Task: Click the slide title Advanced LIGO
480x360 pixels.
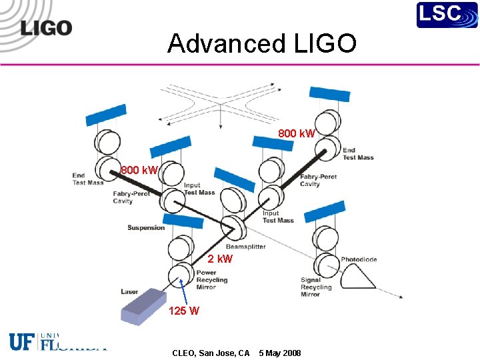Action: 262,44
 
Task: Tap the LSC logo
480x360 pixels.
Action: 447,15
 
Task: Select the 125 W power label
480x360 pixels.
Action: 183,311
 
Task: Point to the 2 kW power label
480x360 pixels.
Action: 220,259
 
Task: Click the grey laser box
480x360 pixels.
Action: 145,306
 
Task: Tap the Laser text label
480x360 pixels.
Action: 129,291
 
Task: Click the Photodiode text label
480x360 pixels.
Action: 359,259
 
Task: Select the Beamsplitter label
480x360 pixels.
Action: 245,247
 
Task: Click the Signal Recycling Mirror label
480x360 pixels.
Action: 315,287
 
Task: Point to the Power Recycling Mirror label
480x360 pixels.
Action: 211,279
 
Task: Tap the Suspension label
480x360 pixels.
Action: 146,228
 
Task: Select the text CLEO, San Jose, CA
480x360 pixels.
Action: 211,353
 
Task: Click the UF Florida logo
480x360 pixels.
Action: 57,341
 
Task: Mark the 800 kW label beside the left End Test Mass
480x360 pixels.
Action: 139,170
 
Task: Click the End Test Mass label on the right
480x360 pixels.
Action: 358,154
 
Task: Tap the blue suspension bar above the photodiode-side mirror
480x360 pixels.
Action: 325,211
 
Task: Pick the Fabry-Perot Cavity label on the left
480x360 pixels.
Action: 131,197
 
